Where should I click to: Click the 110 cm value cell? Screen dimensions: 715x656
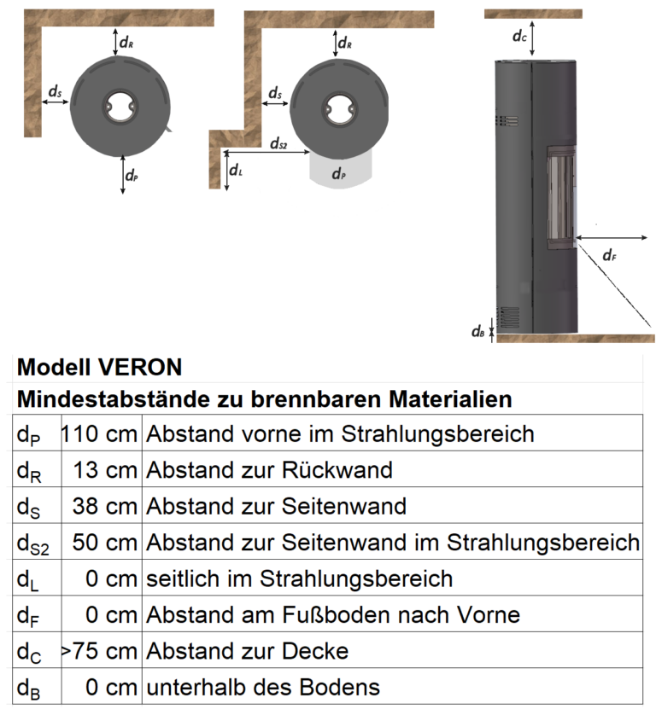99,433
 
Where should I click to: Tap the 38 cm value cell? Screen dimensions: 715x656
106,506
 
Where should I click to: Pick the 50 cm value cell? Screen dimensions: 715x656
106,542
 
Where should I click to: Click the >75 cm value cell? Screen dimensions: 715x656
99,651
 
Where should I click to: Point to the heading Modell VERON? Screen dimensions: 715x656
99,367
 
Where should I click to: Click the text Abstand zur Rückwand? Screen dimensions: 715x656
269,469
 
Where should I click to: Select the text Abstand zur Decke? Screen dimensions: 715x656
247,651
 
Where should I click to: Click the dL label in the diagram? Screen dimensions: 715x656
237,171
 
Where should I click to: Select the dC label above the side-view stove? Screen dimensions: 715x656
519,36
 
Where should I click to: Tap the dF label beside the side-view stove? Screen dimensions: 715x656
609,254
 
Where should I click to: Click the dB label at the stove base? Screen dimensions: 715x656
478,332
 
